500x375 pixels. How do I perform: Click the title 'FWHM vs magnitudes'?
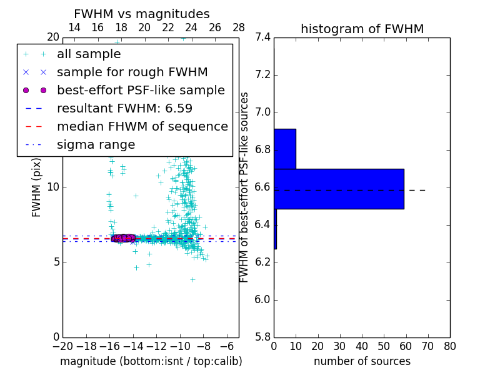pyautogui.click(x=142, y=14)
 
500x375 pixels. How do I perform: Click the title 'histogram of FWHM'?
pyautogui.click(x=362, y=29)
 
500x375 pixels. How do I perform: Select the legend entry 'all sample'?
pyautogui.click(x=89, y=54)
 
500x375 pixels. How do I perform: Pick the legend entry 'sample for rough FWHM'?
pyautogui.click(x=132, y=72)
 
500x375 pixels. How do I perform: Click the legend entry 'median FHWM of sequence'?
pyautogui.click(x=142, y=126)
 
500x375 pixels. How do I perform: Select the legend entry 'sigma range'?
pyautogui.click(x=96, y=145)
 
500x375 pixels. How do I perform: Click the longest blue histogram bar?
pyautogui.click(x=339, y=188)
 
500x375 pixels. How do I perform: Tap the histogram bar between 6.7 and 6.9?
pyautogui.click(x=284, y=149)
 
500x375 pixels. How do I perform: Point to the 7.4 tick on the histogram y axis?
pyautogui.click(x=262, y=37)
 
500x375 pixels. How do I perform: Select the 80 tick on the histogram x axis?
pyautogui.click(x=449, y=346)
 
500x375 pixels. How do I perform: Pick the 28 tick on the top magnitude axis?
pyautogui.click(x=239, y=27)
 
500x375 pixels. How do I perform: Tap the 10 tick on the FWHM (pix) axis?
pyautogui.click(x=53, y=187)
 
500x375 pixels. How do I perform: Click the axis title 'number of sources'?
pyautogui.click(x=362, y=361)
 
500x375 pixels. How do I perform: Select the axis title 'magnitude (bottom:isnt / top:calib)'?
pyautogui.click(x=151, y=361)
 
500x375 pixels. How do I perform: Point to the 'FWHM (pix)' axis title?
pyautogui.click(x=37, y=187)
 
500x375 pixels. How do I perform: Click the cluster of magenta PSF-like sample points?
pyautogui.click(x=122, y=238)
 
